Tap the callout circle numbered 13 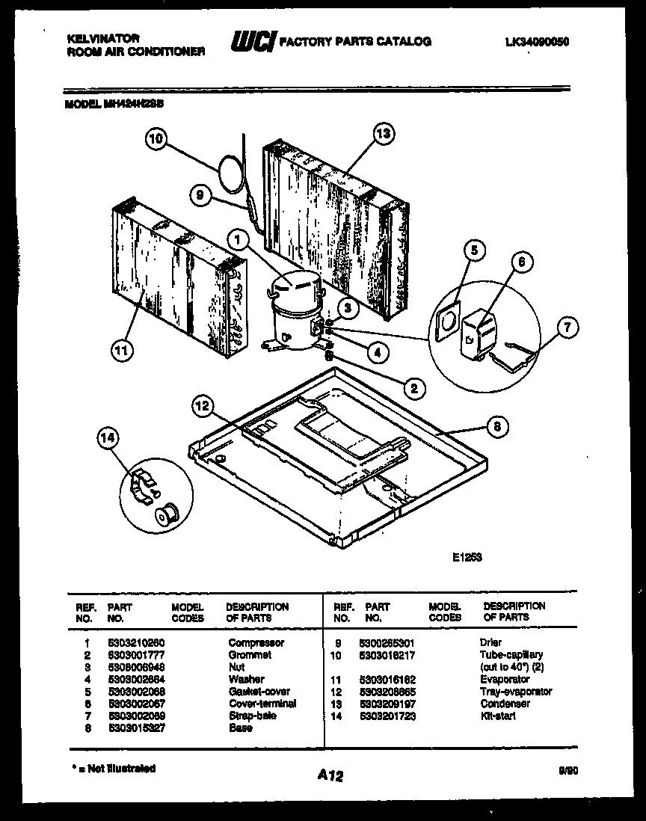pos(383,135)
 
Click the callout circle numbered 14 pos(108,440)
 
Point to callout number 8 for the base pos(497,426)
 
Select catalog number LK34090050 pos(537,43)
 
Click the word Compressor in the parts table pos(256,642)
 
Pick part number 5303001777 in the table pos(136,654)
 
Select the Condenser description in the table pos(505,704)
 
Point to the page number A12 pos(328,777)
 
